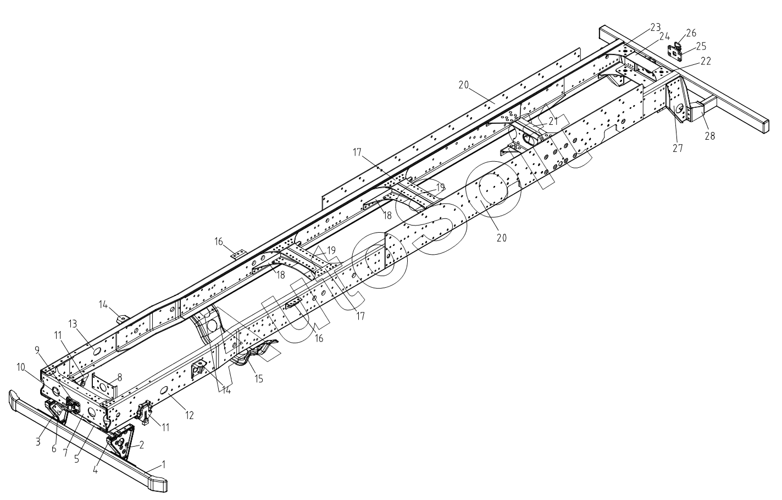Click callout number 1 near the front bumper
click(x=163, y=449)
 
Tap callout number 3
click(x=38, y=441)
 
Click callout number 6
click(x=54, y=449)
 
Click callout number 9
click(x=37, y=349)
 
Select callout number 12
click(x=189, y=416)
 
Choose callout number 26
click(x=691, y=32)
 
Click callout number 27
click(x=678, y=148)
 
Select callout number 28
click(x=710, y=136)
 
